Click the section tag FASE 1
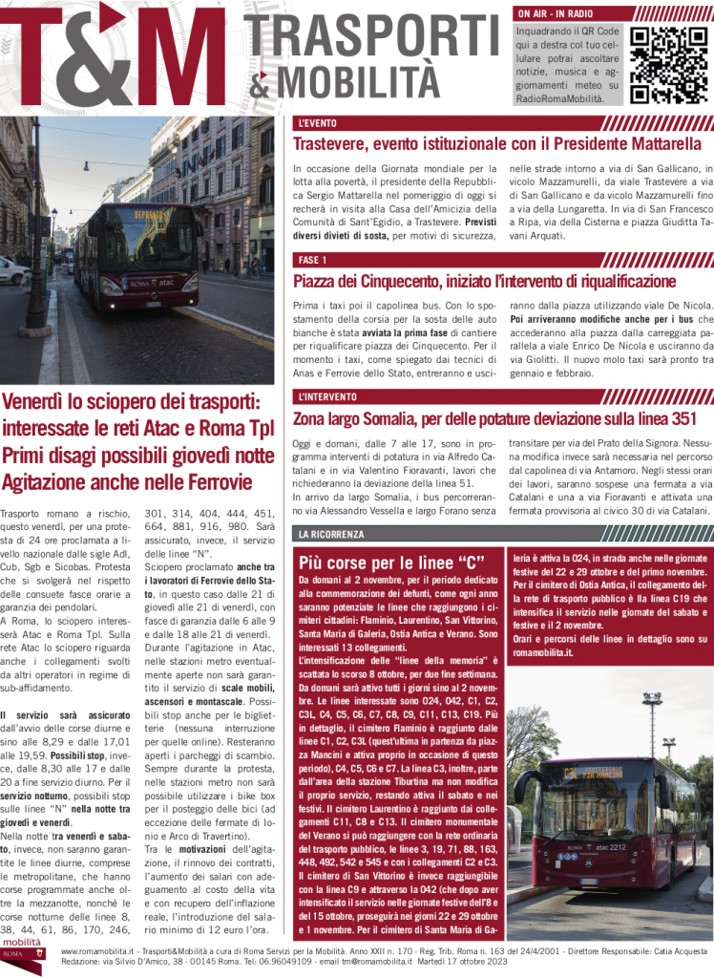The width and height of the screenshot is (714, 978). click(312, 260)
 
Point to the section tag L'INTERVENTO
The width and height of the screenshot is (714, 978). click(327, 396)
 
